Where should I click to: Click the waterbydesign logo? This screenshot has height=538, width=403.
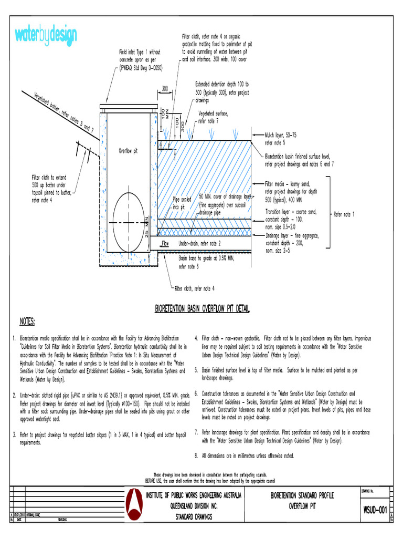click(x=46, y=35)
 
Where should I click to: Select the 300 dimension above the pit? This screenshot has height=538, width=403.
click(x=165, y=89)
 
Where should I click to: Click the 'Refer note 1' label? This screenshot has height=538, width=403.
click(x=344, y=214)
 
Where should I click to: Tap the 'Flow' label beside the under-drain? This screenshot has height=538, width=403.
click(x=165, y=244)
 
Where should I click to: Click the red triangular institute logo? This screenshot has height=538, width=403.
click(x=135, y=505)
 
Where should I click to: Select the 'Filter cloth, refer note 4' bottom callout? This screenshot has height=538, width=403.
click(x=194, y=288)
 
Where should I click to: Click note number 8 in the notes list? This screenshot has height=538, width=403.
click(x=196, y=456)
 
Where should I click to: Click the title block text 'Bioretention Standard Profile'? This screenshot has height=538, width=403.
click(x=302, y=495)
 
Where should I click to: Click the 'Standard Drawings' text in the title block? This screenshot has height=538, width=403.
click(x=194, y=516)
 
